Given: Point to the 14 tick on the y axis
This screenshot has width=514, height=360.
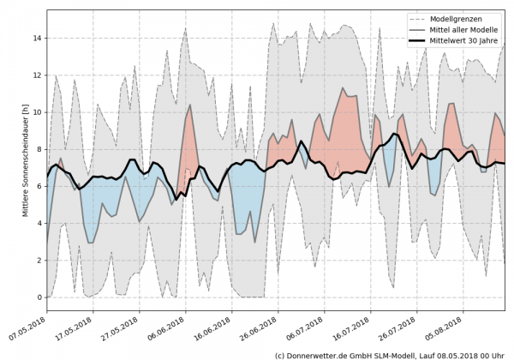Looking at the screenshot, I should [37, 38].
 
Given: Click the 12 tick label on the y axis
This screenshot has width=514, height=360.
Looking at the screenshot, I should [37, 75].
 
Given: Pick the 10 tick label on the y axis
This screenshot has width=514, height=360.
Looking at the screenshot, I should [37, 111].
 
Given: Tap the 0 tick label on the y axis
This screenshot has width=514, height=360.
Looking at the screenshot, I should [39, 297].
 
